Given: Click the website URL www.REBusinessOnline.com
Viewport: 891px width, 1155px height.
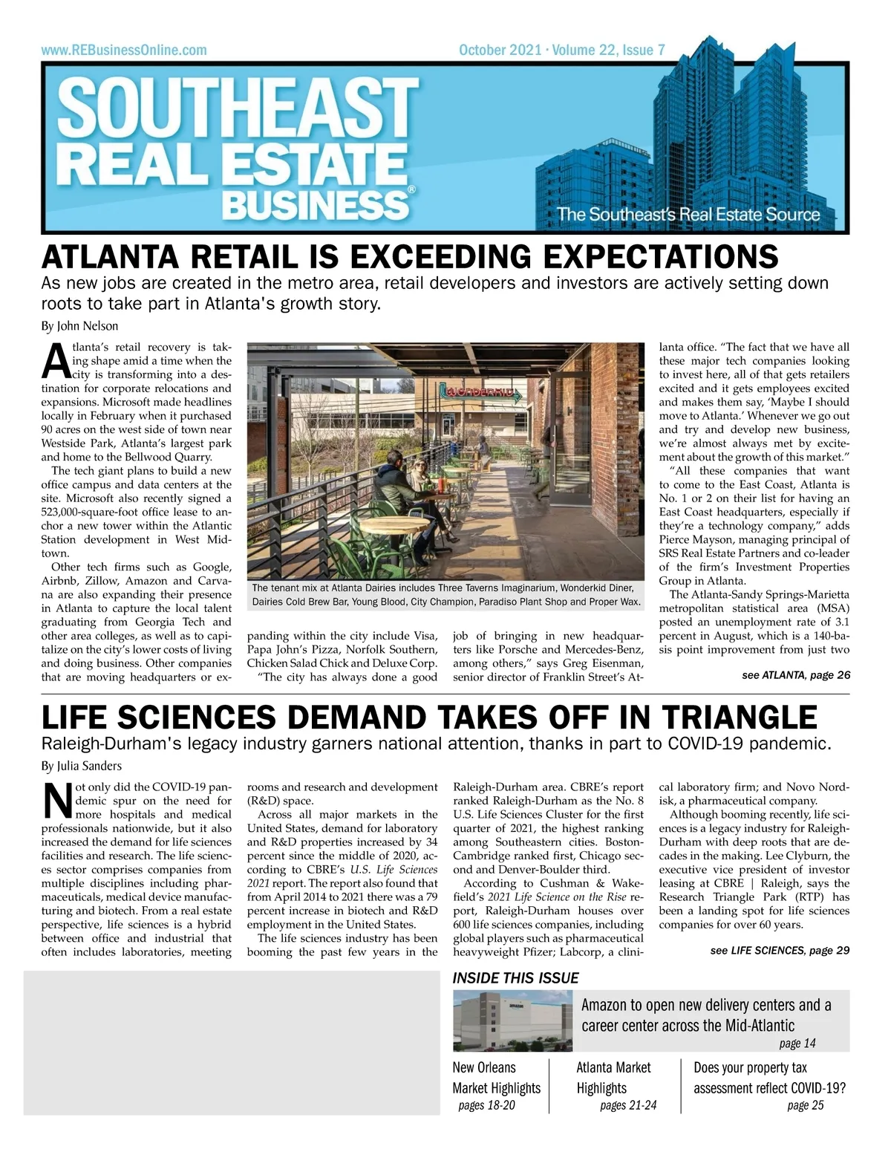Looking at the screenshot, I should coord(124,51).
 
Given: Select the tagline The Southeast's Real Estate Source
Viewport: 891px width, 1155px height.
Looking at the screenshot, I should coord(688,215).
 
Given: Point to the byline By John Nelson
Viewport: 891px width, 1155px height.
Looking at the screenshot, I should coord(79,326).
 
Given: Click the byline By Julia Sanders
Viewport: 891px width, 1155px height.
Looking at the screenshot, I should coord(82,766).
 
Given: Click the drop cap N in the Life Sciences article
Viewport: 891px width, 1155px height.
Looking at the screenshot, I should coord(57,802).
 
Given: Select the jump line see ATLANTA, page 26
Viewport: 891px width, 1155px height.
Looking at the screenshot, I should coord(795,675).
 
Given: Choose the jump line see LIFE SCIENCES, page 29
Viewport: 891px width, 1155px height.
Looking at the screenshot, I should coord(780,950).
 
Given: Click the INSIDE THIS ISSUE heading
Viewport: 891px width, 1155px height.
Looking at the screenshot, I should coord(515,978).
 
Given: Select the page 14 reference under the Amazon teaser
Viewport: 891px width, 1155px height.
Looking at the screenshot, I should coord(797,1044).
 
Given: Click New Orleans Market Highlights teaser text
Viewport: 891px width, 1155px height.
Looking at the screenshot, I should coord(496,1078).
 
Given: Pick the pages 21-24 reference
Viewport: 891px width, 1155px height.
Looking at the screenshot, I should coord(628,1105).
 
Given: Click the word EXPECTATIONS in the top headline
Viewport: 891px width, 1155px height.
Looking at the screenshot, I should coord(660,256).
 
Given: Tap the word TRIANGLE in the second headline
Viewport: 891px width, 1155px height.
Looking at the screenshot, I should coord(739,718).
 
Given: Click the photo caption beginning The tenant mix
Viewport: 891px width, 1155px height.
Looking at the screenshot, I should coord(446,594).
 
